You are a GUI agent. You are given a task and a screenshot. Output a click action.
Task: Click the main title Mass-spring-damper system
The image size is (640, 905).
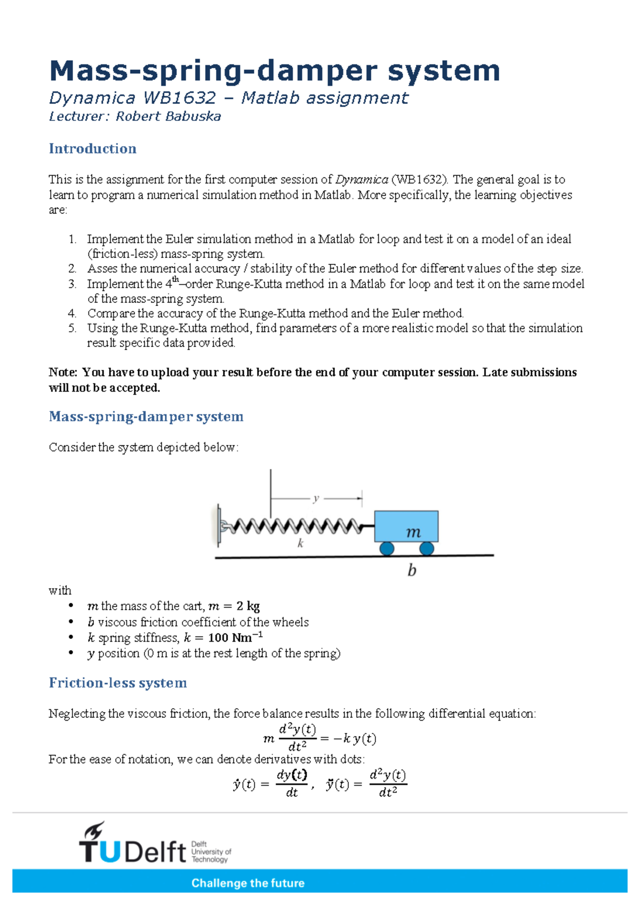click(274, 71)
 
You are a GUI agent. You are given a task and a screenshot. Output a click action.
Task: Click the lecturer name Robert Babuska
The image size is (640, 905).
click(168, 117)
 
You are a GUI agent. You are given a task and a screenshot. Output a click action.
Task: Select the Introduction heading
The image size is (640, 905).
click(92, 149)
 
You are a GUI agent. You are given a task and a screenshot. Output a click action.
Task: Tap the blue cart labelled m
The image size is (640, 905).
click(406, 526)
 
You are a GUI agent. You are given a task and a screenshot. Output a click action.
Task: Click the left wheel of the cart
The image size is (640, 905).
click(387, 548)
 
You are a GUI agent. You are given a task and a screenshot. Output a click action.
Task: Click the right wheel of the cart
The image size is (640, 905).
click(426, 548)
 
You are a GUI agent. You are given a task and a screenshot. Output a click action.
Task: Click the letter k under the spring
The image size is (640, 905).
click(300, 544)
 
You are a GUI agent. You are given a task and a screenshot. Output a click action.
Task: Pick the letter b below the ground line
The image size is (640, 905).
click(412, 571)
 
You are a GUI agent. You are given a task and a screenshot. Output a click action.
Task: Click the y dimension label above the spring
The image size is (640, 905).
click(316, 498)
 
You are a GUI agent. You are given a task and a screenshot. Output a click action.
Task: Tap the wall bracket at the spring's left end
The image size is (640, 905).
click(218, 526)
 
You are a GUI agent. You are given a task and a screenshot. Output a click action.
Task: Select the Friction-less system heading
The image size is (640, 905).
click(118, 683)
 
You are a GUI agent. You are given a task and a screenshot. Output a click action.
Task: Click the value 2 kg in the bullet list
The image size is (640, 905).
click(248, 606)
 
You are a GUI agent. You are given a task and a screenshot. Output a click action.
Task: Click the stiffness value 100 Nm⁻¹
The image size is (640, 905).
click(235, 637)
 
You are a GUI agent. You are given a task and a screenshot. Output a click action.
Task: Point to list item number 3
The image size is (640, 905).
click(73, 284)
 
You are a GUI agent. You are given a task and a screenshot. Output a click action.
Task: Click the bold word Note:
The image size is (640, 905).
click(63, 373)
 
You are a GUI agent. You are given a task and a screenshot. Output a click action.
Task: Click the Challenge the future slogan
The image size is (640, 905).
click(248, 883)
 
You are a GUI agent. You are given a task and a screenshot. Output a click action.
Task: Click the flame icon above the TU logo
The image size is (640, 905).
click(95, 830)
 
